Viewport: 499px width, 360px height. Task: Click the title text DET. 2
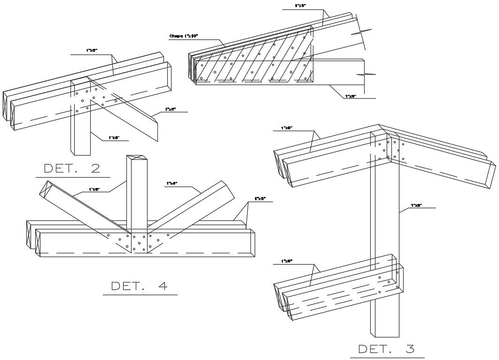coord(72,168)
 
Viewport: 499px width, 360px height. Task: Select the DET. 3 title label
coord(387,349)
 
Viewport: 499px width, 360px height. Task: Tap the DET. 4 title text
coord(140,286)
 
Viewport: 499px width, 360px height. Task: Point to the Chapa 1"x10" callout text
coord(184,36)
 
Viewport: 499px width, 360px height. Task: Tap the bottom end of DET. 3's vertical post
coord(387,335)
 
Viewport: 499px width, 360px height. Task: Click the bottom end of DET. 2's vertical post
coord(80,153)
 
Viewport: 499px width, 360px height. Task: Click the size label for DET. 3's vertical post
coord(417,205)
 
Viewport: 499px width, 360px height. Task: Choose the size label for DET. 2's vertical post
coord(114,138)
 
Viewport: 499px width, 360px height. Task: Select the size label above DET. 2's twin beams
coord(92,50)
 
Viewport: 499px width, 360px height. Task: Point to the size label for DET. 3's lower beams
coord(287,261)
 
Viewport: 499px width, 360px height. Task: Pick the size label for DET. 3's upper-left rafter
coord(287,128)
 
